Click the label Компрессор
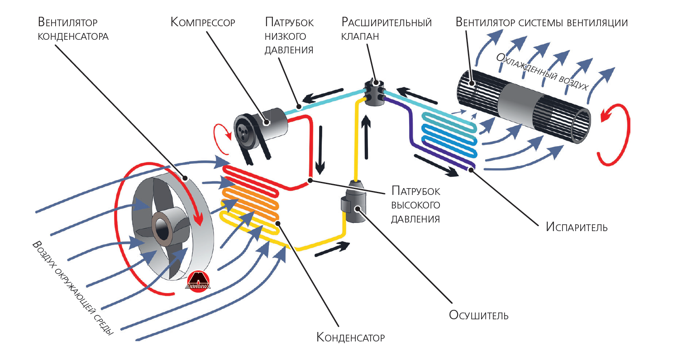pos(203,22)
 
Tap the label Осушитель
pos(478,315)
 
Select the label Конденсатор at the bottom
pos(350,337)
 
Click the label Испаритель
pos(576,227)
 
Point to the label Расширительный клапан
pos(387,29)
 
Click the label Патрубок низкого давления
pos(289,36)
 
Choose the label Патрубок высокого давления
pos(415,204)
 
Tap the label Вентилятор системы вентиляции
pos(541,22)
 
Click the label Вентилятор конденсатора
pos(73,29)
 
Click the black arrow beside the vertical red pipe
pos(320,150)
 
